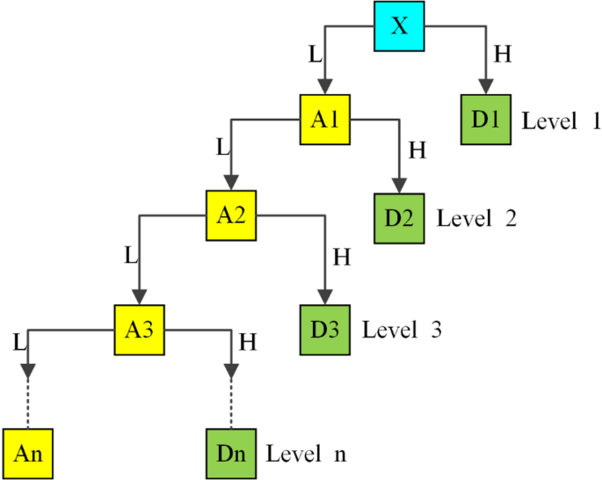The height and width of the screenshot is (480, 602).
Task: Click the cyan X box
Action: click(x=400, y=26)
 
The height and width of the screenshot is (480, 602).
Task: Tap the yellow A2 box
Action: click(x=232, y=216)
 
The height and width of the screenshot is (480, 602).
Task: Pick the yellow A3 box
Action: click(x=139, y=331)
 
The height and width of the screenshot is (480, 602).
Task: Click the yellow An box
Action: click(x=27, y=454)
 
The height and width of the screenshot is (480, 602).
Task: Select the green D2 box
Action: click(x=400, y=216)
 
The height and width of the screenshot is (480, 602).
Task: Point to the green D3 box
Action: click(x=325, y=331)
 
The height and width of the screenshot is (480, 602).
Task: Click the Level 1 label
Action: click(x=561, y=120)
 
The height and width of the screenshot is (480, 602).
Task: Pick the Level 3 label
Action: click(x=401, y=331)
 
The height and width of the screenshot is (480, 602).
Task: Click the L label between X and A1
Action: click(x=314, y=55)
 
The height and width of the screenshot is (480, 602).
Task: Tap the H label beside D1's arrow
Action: click(x=503, y=55)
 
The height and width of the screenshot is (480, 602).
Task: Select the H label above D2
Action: click(x=417, y=150)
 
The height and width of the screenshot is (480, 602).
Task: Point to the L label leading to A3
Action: click(x=131, y=256)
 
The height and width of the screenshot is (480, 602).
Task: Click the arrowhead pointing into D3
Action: click(x=325, y=296)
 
